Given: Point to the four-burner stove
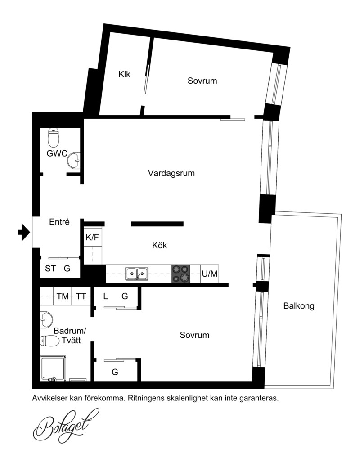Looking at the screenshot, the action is click(181, 274).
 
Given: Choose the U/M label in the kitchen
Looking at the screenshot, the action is click(210, 274).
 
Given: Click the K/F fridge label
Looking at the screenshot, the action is click(92, 237).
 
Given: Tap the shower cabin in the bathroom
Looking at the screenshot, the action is click(53, 368).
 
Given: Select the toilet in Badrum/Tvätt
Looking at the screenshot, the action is click(50, 341).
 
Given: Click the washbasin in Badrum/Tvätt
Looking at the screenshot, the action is click(46, 320).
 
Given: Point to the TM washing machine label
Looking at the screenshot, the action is click(63, 296).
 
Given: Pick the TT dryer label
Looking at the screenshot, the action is click(81, 296).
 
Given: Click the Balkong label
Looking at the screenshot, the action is click(299, 306).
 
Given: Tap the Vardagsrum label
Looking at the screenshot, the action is click(171, 173).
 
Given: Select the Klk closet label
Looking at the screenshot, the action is click(124, 74).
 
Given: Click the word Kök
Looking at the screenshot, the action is click(159, 245).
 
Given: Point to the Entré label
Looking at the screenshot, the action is click(59, 222).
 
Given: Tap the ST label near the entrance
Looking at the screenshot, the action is click(50, 268).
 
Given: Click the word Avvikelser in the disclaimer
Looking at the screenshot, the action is click(49, 398).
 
